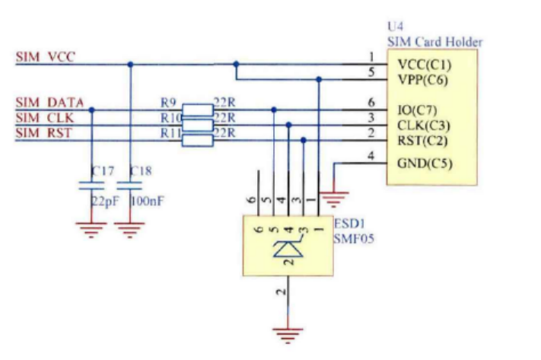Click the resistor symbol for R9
pyautogui.click(x=199, y=110)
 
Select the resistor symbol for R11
pyautogui.click(x=199, y=139)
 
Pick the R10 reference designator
pyautogui.click(x=171, y=118)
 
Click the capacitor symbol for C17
pyautogui.click(x=91, y=185)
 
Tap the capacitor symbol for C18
pyautogui.click(x=130, y=185)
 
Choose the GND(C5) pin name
pyautogui.click(x=424, y=164)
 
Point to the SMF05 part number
pyautogui.click(x=354, y=239)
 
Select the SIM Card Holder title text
pyautogui.click(x=434, y=42)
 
